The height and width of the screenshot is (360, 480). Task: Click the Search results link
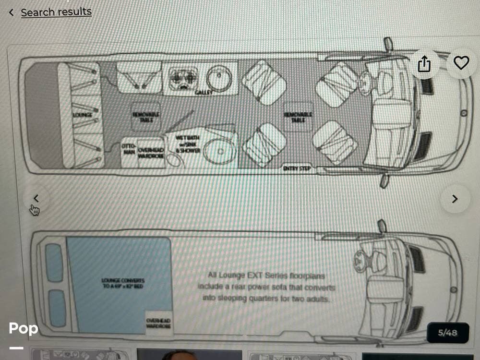[x=56, y=12]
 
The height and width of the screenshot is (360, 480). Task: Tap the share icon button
[x=424, y=63]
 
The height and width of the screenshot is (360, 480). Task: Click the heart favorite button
[x=461, y=63]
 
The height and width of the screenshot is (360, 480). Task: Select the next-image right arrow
[x=455, y=199]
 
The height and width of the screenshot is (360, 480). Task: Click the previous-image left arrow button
[x=36, y=198]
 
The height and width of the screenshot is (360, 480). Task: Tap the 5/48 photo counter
[x=447, y=332]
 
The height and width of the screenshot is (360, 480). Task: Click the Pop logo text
[x=23, y=329]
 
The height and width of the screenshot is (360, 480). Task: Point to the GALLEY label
[x=204, y=92]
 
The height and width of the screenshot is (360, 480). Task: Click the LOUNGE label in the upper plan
[x=82, y=115]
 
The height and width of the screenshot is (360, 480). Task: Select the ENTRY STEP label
[x=297, y=168]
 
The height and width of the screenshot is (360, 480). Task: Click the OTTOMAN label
[x=129, y=148]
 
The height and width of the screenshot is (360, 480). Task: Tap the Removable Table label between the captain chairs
[x=298, y=117]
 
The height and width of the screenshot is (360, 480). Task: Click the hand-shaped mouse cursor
[x=35, y=210]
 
